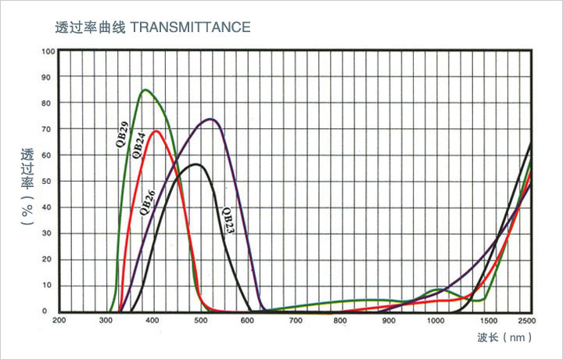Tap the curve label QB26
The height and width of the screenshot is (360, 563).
tap(146, 201)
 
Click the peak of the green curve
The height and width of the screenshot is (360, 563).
tap(145, 90)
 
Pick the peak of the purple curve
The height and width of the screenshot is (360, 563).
tap(211, 119)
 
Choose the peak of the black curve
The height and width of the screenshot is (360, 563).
tap(196, 164)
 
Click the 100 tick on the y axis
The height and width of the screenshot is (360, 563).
tap(49, 52)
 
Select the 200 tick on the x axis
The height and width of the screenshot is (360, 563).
tap(59, 320)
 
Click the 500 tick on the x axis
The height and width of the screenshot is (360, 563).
tap(201, 320)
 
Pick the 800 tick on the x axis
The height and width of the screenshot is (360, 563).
tap(342, 320)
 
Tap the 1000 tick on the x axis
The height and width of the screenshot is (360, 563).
tap(436, 320)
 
